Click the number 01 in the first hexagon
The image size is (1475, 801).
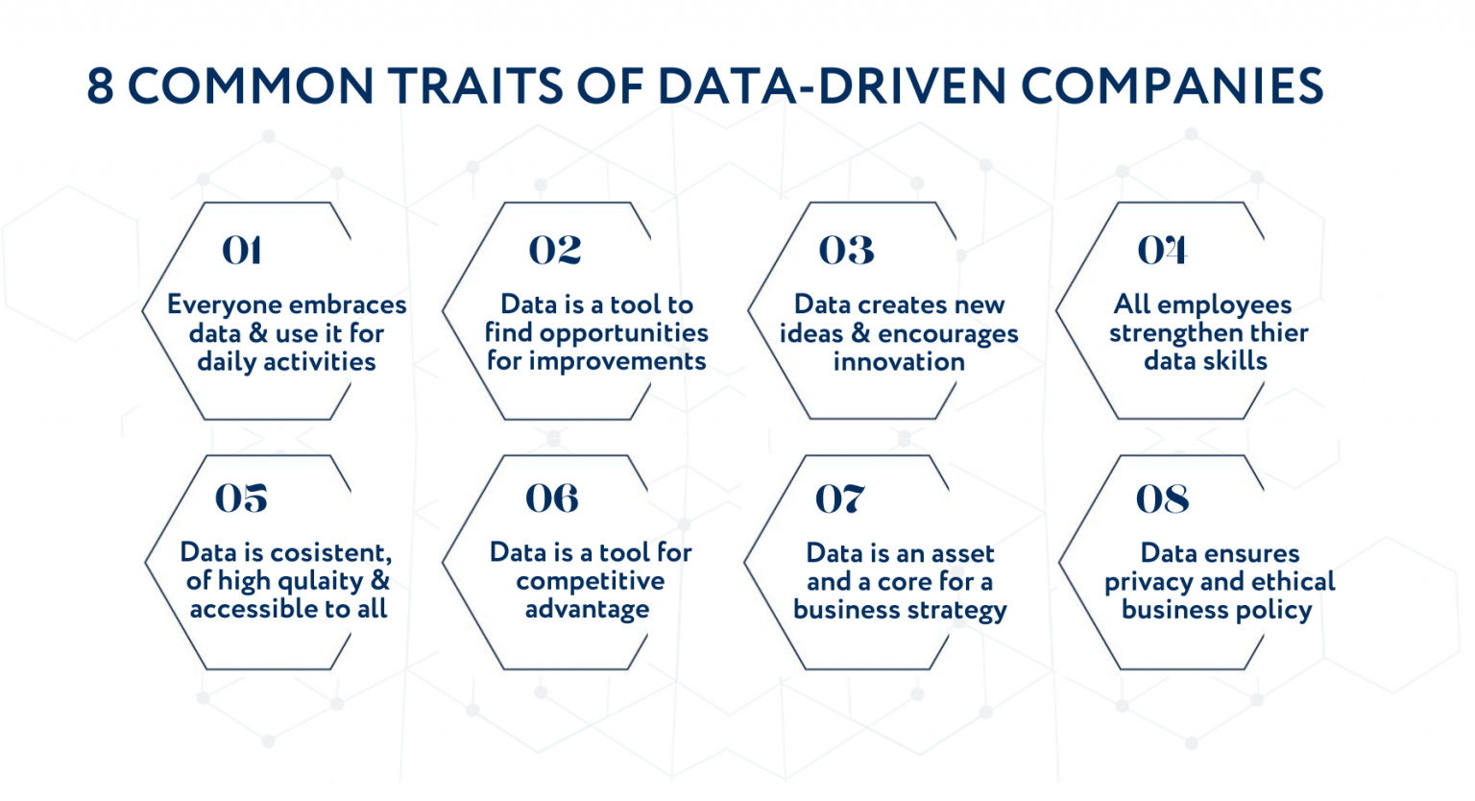click(x=241, y=251)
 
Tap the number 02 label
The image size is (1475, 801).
click(x=554, y=251)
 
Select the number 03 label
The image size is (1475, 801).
click(x=846, y=251)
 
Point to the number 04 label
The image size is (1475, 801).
click(x=1162, y=251)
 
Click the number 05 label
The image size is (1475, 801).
click(x=241, y=498)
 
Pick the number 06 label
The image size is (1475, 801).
click(x=551, y=498)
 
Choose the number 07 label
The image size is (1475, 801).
click(x=839, y=499)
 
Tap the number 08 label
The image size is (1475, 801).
click(x=1162, y=499)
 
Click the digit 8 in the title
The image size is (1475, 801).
click(x=100, y=86)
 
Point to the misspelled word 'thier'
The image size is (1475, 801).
click(x=1277, y=333)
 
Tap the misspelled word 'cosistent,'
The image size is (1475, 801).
click(x=330, y=552)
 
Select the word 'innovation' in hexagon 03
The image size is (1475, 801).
click(x=899, y=362)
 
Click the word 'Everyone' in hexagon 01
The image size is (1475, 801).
click(x=224, y=305)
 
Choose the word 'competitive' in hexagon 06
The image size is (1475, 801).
click(x=590, y=581)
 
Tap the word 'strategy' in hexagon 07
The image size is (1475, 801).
click(x=959, y=611)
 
